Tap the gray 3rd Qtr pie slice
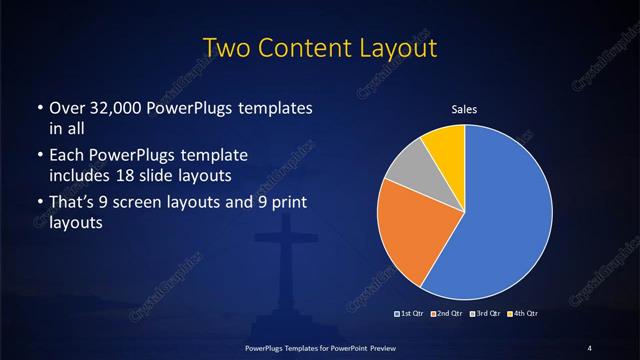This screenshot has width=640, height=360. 406,169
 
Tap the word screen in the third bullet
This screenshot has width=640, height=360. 152,204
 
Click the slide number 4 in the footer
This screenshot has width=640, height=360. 590,347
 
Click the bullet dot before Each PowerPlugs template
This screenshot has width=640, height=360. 38,156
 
